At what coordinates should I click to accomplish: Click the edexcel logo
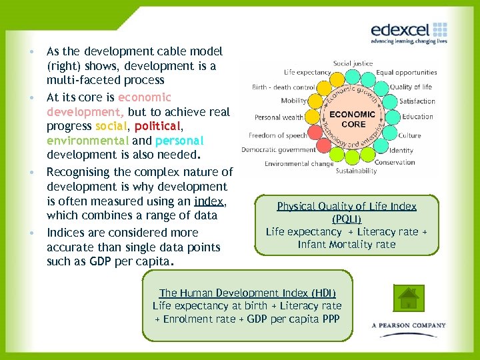click(408, 32)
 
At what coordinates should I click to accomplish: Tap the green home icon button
click(408, 297)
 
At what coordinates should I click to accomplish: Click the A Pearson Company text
click(409, 325)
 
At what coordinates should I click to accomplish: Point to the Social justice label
click(353, 63)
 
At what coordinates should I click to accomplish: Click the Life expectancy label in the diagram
click(307, 72)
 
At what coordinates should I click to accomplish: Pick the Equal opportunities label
click(406, 72)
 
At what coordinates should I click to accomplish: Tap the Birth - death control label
click(283, 87)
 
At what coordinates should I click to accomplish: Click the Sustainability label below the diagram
click(356, 171)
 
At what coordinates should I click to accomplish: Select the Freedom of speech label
click(278, 135)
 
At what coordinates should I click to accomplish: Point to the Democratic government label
click(279, 150)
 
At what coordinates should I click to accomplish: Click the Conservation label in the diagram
click(395, 162)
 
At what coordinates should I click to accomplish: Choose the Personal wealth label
click(279, 117)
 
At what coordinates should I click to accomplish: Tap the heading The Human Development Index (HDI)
click(247, 293)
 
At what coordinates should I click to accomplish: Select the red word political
click(157, 126)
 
